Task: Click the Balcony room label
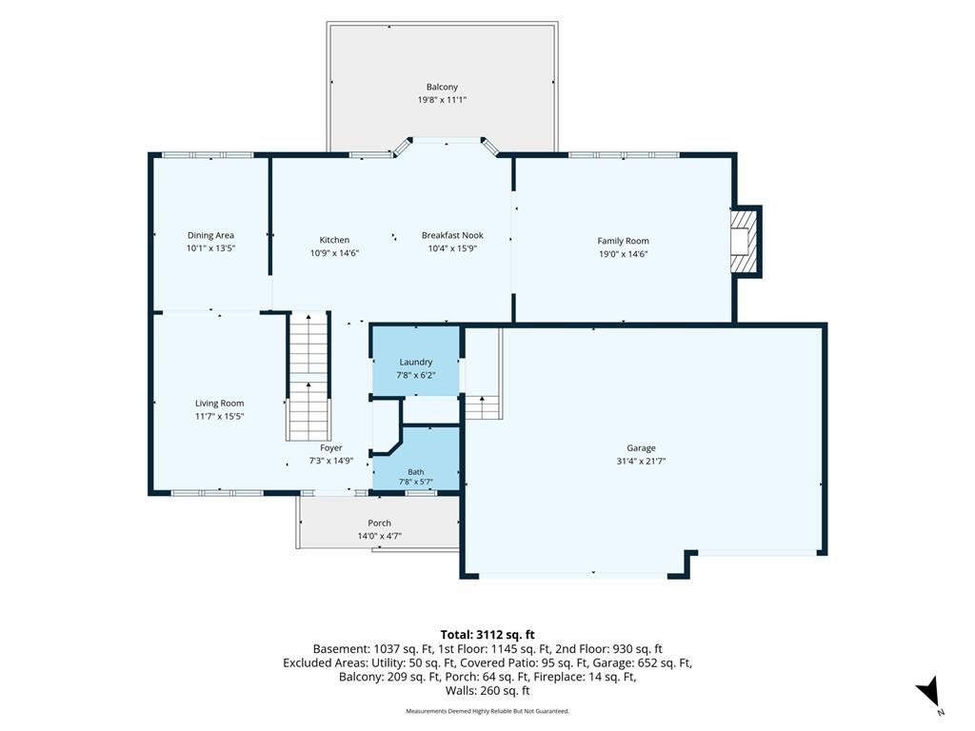pyautogui.click(x=442, y=87)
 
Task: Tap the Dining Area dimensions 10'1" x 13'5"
pyautogui.click(x=210, y=248)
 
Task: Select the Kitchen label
pyautogui.click(x=334, y=240)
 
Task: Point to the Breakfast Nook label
pyautogui.click(x=452, y=235)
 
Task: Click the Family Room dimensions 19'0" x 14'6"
pyautogui.click(x=623, y=253)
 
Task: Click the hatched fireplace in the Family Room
pyautogui.click(x=745, y=241)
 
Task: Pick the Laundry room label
pyautogui.click(x=415, y=362)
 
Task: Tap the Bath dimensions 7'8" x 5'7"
pyautogui.click(x=416, y=482)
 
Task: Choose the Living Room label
pyautogui.click(x=220, y=403)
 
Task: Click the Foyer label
pyautogui.click(x=330, y=447)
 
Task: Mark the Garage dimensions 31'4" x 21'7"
pyautogui.click(x=641, y=461)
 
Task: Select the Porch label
pyautogui.click(x=379, y=523)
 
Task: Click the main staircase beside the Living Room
pyautogui.click(x=308, y=377)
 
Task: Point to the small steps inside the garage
pyautogui.click(x=483, y=407)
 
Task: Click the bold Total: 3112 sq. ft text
pyautogui.click(x=487, y=635)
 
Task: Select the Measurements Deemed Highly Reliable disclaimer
pyautogui.click(x=487, y=711)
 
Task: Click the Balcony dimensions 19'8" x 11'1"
pyautogui.click(x=442, y=100)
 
